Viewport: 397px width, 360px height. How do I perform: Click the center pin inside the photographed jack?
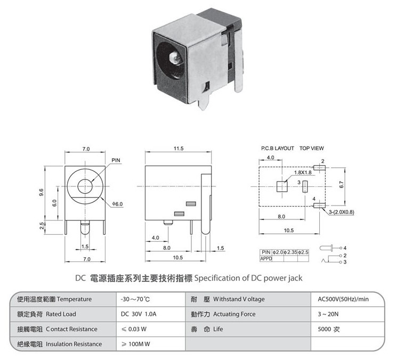coord(175,57)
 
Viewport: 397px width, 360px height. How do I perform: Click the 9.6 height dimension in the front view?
coord(42,192)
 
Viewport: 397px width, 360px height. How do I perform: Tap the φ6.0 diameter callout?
coord(117,204)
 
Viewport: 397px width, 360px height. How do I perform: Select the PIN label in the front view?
coord(116,160)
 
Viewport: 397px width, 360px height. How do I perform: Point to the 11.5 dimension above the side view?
coord(179,149)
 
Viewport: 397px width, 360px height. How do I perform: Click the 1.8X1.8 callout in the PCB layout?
coord(303,173)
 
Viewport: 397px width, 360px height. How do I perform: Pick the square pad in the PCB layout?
coord(282,187)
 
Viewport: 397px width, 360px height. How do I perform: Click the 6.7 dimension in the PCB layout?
coord(341,185)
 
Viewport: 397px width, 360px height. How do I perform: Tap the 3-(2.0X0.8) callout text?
coord(342,212)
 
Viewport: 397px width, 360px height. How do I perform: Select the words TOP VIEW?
coord(312,148)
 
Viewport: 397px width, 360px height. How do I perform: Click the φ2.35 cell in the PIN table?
coord(290,252)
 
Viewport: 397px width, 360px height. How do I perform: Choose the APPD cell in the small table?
coord(266,259)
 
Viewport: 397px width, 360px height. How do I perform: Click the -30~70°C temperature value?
coord(135,299)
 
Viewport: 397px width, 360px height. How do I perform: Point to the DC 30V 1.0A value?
coord(139,314)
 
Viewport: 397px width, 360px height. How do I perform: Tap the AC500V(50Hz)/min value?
coord(343,299)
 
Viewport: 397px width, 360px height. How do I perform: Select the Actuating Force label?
coord(234,314)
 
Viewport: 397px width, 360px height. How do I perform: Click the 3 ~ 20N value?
coord(328,314)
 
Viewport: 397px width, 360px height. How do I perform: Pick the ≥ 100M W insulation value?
coord(136,344)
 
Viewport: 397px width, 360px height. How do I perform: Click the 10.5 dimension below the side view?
coord(178,258)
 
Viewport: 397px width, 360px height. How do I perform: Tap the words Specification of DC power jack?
coord(248,279)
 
